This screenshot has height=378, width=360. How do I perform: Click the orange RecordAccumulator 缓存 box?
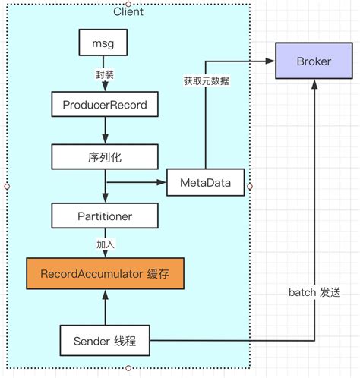tap(105, 272)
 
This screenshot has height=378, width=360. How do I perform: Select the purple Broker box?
tap(313, 61)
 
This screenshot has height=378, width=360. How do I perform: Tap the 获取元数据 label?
tap(205, 80)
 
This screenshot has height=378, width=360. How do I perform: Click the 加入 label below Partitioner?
tap(104, 244)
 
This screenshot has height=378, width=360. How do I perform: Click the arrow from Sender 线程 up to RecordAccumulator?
tap(104, 307)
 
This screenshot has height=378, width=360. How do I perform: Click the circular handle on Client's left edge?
tap(7, 185)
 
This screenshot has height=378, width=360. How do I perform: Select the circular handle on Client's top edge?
tap(128, 3)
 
